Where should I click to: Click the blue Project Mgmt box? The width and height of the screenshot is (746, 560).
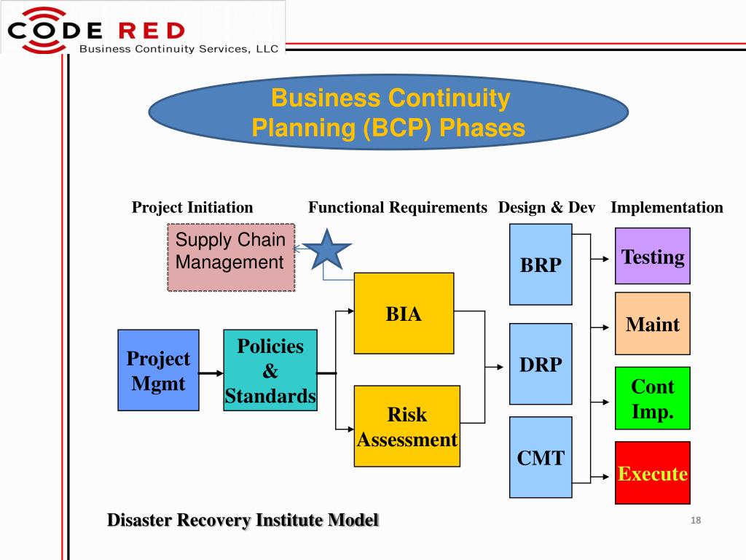[x=158, y=370]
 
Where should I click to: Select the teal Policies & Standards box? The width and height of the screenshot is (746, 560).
[x=270, y=370]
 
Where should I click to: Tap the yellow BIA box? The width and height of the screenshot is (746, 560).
[x=404, y=314]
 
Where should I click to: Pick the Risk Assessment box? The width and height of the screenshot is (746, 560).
[x=407, y=426]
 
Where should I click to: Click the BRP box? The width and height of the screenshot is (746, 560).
[x=541, y=264]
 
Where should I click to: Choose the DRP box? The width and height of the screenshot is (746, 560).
[x=541, y=364]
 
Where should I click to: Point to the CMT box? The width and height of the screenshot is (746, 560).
[x=541, y=457]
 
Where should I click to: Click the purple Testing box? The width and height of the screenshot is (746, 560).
[x=652, y=256]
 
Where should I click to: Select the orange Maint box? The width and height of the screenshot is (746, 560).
[x=652, y=324]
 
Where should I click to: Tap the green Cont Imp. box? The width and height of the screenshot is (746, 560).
[x=652, y=398]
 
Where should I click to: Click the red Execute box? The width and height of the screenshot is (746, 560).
[x=652, y=473]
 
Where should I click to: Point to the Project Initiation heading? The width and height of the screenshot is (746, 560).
[x=192, y=207]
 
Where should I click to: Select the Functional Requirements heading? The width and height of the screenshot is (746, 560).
[x=397, y=207]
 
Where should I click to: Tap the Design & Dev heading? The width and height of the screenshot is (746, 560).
[x=546, y=207]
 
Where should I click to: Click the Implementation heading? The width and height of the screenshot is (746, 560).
[x=667, y=207]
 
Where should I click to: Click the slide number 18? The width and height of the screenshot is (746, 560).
[x=695, y=520]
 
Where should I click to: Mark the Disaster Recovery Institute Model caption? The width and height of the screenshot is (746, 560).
[x=243, y=520]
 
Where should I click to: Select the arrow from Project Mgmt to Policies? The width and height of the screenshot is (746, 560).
[x=211, y=373]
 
